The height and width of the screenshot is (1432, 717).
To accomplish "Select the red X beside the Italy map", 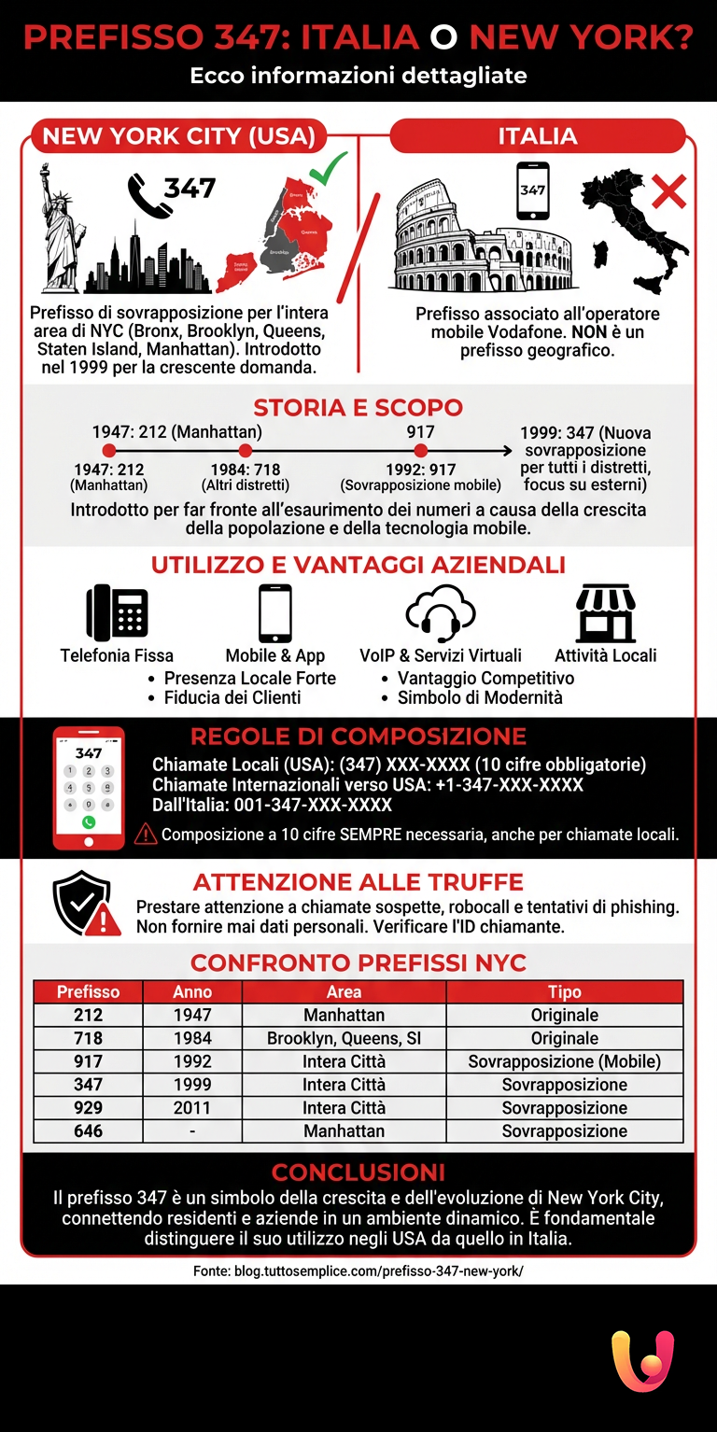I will (x=668, y=191).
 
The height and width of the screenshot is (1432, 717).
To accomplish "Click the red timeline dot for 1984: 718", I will (x=246, y=451).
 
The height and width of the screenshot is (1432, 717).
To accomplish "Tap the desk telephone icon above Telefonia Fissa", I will (x=117, y=612).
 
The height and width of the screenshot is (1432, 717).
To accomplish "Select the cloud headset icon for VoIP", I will (x=440, y=612).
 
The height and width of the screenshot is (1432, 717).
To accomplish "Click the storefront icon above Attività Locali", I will (x=605, y=612).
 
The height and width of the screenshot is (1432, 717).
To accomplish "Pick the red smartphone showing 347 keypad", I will (x=89, y=788).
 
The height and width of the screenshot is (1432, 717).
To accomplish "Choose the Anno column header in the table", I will (x=192, y=992).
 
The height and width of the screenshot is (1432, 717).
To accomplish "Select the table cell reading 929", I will (x=88, y=1108).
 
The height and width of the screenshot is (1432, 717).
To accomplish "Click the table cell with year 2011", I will (x=192, y=1108).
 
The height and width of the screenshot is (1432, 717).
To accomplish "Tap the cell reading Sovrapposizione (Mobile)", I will (x=564, y=1061).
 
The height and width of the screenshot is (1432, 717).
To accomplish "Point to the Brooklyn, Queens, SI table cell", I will (x=344, y=1038).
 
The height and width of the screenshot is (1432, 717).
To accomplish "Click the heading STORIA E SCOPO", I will (x=358, y=408).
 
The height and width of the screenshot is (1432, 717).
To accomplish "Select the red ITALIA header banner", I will (x=537, y=136).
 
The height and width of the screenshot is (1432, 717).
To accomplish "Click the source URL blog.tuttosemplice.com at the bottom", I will (x=358, y=1271).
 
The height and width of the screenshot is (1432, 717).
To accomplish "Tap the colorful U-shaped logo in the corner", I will (x=642, y=1360).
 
